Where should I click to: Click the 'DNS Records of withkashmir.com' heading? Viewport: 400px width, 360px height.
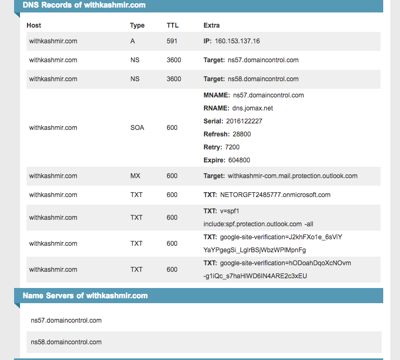[x=84, y=5]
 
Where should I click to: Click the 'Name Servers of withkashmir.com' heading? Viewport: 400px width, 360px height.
[x=85, y=296]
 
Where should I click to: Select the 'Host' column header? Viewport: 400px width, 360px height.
[x=34, y=25]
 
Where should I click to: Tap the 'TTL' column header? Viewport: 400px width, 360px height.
[x=172, y=25]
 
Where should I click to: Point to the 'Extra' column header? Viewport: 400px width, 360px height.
[x=212, y=25]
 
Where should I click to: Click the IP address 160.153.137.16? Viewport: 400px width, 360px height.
[x=237, y=41]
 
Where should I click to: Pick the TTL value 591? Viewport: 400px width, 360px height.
[x=172, y=41]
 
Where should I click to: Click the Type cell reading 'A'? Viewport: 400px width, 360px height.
[x=133, y=41]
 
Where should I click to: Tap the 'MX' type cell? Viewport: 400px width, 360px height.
[x=135, y=176]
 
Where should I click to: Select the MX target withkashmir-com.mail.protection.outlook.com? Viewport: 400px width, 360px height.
[x=292, y=176]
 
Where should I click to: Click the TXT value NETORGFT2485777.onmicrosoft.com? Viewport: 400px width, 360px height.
[x=275, y=195]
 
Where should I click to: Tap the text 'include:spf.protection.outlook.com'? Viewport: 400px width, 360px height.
[x=252, y=224]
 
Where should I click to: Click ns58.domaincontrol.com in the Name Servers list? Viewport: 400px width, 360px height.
[x=66, y=342]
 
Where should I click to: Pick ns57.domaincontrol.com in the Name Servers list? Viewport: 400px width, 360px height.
[x=66, y=320]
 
